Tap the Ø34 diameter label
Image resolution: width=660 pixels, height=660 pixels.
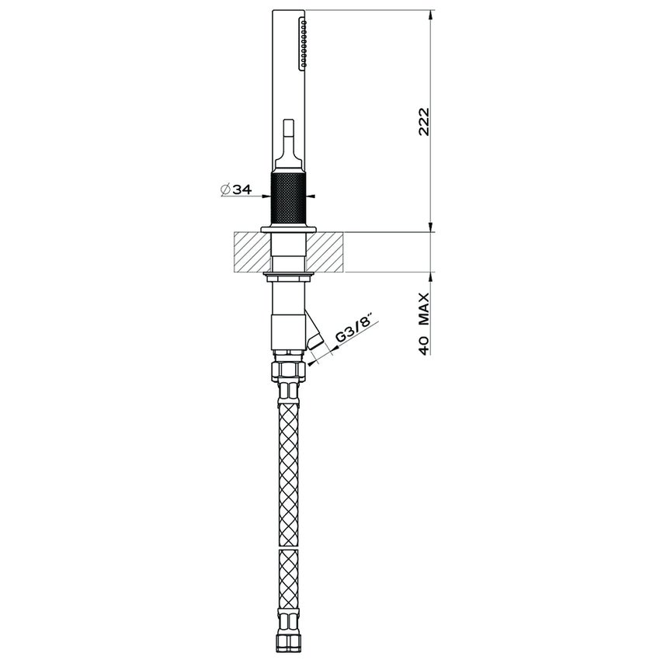(x=234, y=188)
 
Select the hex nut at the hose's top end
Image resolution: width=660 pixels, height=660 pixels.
(x=289, y=367)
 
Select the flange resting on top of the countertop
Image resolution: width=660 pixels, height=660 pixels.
(x=290, y=228)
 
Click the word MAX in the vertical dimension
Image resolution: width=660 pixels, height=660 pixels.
(x=424, y=314)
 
